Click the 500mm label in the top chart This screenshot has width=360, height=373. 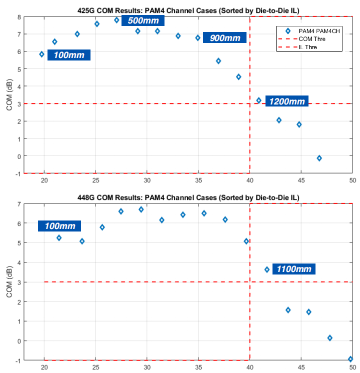point(143,21)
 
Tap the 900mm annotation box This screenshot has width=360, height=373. point(224,38)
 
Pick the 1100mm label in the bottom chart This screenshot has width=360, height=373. point(294,269)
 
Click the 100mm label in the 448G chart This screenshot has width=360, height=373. point(59,226)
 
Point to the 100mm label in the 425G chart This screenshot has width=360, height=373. point(69,55)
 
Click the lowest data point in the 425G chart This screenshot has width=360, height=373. point(319,158)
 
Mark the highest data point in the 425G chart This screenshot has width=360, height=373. point(117,20)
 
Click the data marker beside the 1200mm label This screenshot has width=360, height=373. point(259,100)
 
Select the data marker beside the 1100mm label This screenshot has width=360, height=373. point(267,269)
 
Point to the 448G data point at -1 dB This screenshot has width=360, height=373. point(350,359)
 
